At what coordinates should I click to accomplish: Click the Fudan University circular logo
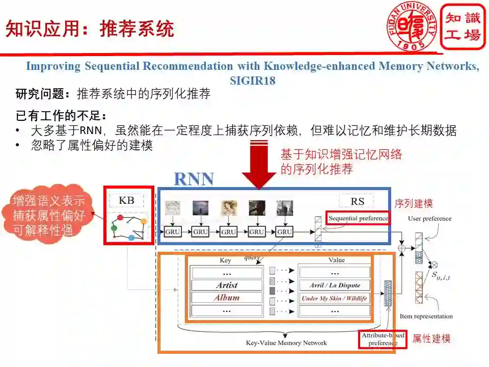[413, 26]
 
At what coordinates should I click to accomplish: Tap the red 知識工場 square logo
[463, 27]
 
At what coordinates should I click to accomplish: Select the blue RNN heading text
[194, 179]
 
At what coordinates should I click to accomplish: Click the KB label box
[126, 200]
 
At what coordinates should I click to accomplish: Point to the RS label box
[358, 201]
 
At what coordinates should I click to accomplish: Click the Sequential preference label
[358, 218]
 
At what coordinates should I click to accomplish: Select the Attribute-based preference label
[383, 339]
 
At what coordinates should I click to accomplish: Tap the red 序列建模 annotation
[414, 203]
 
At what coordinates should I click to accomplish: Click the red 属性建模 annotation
[431, 338]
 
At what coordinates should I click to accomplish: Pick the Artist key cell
[227, 285]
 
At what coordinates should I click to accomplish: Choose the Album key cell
[227, 298]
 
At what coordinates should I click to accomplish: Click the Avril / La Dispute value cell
[335, 285]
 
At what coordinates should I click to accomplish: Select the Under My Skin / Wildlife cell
[335, 298]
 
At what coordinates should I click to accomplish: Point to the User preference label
[429, 219]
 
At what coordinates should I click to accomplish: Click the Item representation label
[426, 317]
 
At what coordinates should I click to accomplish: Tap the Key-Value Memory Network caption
[286, 343]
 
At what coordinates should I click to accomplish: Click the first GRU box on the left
[173, 231]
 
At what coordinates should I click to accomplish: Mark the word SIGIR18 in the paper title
[252, 81]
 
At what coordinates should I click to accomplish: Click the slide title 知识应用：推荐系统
[90, 29]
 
